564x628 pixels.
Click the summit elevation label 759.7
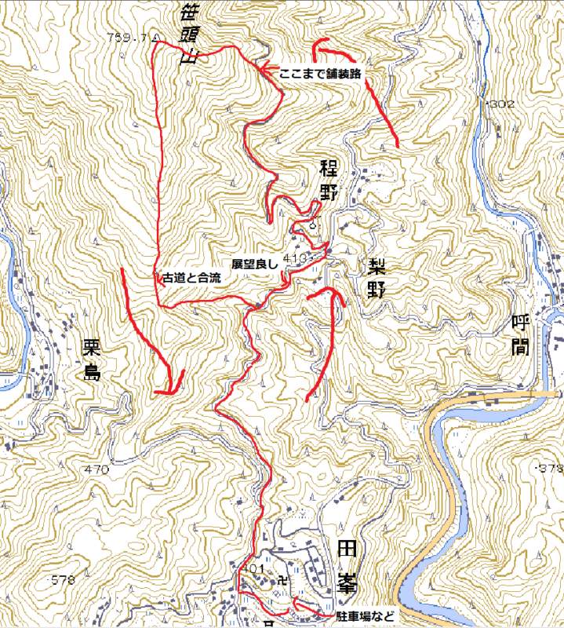(x=129, y=37)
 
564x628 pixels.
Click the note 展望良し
(x=254, y=265)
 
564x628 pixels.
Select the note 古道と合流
(x=191, y=278)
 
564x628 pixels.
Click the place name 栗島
(x=92, y=359)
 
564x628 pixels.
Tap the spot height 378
(x=549, y=469)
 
